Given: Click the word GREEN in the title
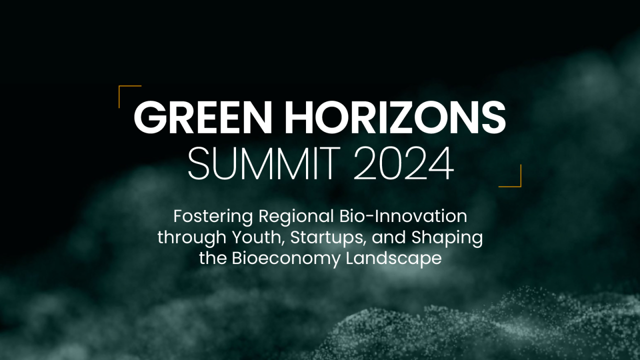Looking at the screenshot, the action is click(203, 117).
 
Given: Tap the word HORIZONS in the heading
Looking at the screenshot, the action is click(395, 117).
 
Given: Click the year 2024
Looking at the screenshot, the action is click(404, 163).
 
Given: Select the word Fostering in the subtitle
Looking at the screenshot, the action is click(213, 217).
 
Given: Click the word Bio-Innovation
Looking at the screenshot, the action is click(403, 216).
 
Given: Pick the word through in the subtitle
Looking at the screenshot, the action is click(192, 237).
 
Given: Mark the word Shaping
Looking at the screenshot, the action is click(447, 237).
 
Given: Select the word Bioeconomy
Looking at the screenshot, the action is click(286, 258).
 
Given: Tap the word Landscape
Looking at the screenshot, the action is click(393, 258).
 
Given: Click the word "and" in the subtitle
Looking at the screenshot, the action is click(389, 237).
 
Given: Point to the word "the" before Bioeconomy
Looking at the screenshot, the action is click(213, 258).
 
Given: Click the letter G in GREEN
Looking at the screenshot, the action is click(150, 117).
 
